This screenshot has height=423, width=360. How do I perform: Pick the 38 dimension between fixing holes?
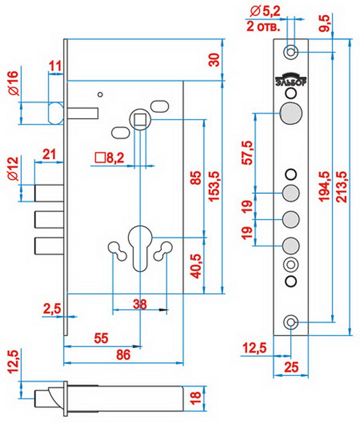pyautogui.click(x=140, y=305)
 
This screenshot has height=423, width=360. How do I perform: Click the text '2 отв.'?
pyautogui.click(x=264, y=26)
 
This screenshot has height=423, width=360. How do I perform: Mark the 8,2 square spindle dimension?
pyautogui.click(x=111, y=158)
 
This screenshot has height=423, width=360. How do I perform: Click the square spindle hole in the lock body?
pyautogui.click(x=140, y=120)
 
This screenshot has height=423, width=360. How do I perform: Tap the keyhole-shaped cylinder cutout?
pyautogui.click(x=140, y=245)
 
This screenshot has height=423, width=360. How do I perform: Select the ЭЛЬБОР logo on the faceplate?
pyautogui.click(x=291, y=79)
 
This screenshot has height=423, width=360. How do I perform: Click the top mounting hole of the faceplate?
pyautogui.click(x=291, y=52)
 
